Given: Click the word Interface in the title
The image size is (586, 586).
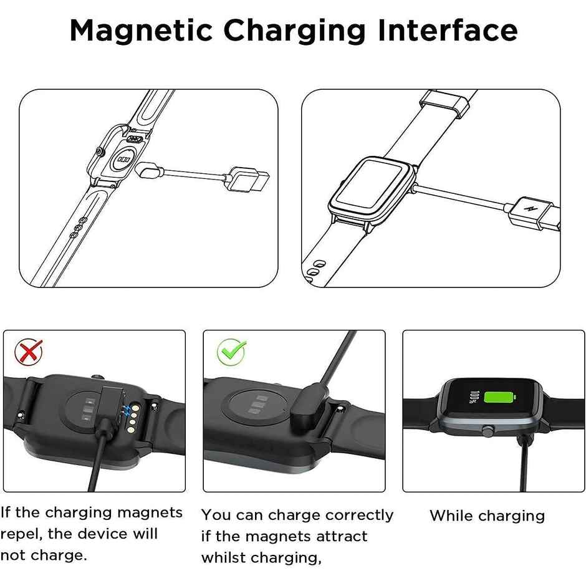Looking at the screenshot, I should [x=448, y=30].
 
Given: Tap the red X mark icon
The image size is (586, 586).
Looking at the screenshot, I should [x=29, y=352].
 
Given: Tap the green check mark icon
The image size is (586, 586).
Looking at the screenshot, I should [x=231, y=352].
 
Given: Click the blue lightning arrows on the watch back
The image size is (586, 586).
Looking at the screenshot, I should [x=129, y=410].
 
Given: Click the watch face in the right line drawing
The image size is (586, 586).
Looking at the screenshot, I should [x=372, y=188].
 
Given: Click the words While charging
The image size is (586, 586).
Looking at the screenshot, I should [x=487, y=516].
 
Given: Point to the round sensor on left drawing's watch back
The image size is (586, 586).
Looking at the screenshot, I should [x=125, y=159].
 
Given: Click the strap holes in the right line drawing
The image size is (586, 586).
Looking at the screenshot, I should [x=315, y=268].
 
